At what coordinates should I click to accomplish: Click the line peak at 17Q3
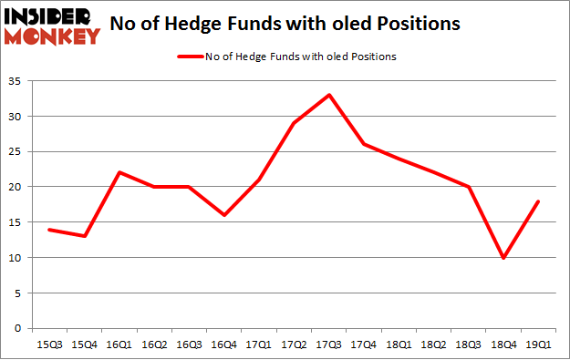pos(329,95)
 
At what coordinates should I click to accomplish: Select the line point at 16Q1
pos(120,172)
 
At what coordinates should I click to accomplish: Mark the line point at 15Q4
pos(85,236)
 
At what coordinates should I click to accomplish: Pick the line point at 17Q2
pos(294,123)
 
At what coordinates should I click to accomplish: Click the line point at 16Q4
pos(224,215)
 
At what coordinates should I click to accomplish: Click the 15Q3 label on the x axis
pos(49,345)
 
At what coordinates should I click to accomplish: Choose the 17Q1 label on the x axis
pos(259,345)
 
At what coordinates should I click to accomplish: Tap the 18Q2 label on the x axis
pos(433,345)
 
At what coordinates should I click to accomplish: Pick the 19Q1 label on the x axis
pos(537,345)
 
